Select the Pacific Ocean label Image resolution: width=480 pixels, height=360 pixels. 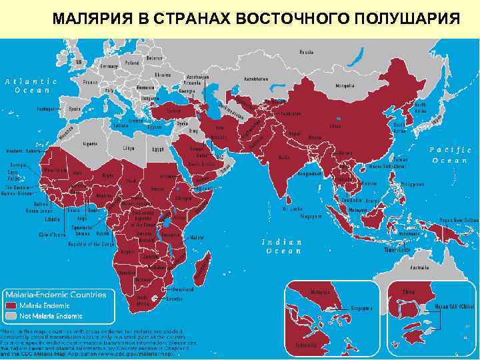pyautogui.click(x=451, y=155)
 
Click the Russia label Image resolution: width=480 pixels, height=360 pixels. pyautogui.click(x=307, y=51)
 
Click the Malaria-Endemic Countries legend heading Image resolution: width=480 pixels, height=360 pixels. pyautogui.click(x=56, y=295)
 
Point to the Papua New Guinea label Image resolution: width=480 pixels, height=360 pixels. pyautogui.click(x=459, y=220)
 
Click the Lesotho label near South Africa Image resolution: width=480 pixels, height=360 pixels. pyautogui.click(x=175, y=299)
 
